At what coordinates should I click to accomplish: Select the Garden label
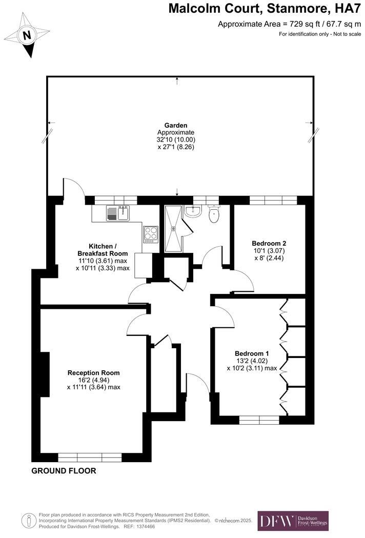(176, 125)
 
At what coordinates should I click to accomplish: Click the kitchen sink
(118, 212)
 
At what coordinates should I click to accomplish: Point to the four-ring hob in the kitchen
(151, 234)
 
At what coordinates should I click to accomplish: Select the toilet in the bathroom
(214, 214)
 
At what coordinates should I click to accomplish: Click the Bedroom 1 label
(252, 353)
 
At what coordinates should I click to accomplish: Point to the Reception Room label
(93, 373)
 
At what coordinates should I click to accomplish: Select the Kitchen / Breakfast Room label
(103, 250)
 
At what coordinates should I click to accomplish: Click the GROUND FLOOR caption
(64, 471)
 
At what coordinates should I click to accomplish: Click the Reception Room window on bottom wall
(90, 457)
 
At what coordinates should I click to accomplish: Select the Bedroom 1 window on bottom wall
(259, 420)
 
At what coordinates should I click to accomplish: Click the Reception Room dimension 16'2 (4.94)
(93, 380)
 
